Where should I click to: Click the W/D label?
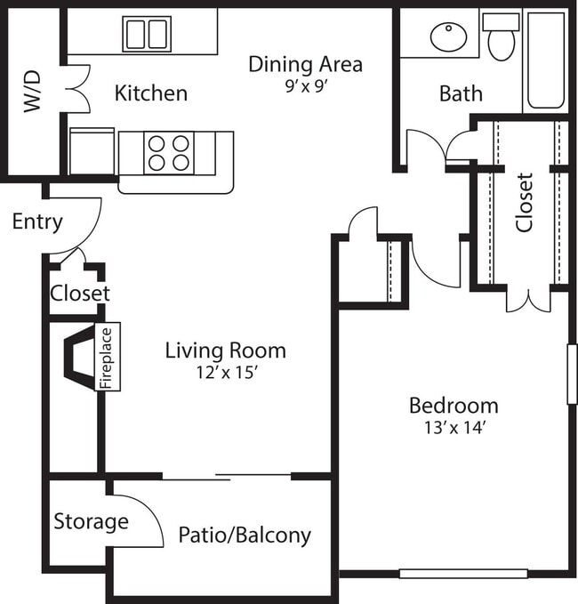[x=33, y=92]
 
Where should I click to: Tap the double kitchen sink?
[x=147, y=34]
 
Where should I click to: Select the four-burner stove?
[x=169, y=151]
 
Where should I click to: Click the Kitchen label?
[x=151, y=93]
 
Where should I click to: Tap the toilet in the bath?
[x=501, y=38]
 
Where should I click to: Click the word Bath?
[x=461, y=93]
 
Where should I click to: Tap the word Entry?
[x=37, y=221]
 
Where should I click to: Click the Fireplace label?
[x=107, y=357]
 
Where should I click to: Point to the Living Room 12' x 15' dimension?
[x=226, y=373]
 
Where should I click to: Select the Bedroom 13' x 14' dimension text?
[x=454, y=428]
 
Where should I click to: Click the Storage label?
[x=91, y=521]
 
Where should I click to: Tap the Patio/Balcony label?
[x=245, y=535]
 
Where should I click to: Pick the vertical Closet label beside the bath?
[x=525, y=202]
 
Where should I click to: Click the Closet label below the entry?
[x=79, y=293]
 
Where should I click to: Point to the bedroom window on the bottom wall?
[x=462, y=574]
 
